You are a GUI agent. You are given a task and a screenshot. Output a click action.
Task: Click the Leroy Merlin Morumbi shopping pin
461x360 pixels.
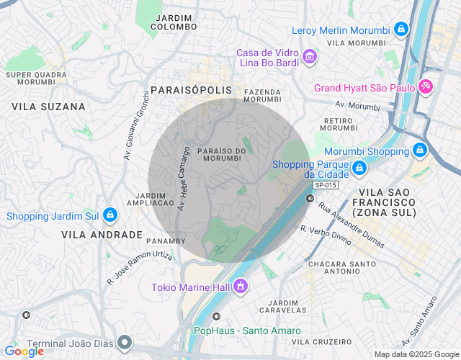pos(401,30)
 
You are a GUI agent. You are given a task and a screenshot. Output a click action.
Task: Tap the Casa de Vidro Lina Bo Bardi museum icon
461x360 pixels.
pos(310,56)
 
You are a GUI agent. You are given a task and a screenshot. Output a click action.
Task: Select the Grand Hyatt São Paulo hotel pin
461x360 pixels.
pos(426,88)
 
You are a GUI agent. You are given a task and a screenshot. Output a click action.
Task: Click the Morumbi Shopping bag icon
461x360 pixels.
pos(419,151)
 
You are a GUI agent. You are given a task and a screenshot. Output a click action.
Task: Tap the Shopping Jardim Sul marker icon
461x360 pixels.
pos(109,215)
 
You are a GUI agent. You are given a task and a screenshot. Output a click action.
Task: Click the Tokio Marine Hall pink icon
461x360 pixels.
pos(241,288)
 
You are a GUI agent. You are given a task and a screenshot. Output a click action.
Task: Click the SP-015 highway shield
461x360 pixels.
pos(325,185)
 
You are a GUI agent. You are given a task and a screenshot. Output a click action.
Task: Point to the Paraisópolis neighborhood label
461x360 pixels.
pos(192,90)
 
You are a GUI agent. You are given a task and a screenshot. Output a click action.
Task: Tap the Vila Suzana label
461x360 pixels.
pos(48,107)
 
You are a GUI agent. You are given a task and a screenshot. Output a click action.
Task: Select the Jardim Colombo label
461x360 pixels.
pos(174,22)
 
